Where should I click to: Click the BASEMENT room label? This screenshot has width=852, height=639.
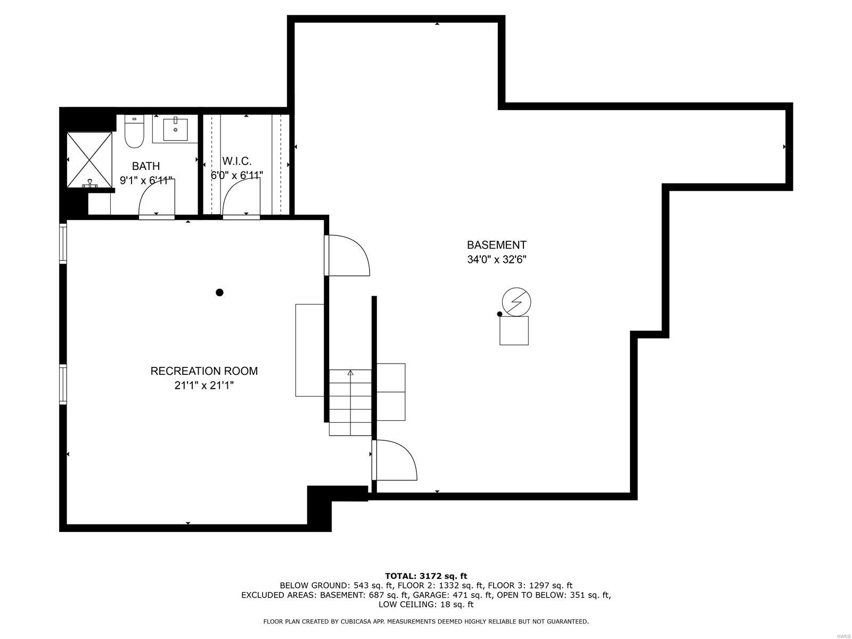click(496, 245)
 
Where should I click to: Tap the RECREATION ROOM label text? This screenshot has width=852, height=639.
click(204, 371)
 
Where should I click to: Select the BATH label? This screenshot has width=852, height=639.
click(146, 166)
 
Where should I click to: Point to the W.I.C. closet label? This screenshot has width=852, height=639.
click(236, 161)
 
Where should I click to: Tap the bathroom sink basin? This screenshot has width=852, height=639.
click(175, 129)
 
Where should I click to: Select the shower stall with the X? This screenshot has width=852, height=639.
click(89, 160)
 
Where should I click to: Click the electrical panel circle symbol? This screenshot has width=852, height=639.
click(516, 302)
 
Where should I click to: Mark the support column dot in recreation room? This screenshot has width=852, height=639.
click(219, 292)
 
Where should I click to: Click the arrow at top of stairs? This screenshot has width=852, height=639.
click(350, 373)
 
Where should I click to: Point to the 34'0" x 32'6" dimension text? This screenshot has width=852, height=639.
click(496, 260)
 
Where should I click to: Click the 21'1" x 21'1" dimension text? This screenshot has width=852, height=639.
click(204, 386)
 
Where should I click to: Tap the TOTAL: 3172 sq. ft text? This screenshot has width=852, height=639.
click(425, 576)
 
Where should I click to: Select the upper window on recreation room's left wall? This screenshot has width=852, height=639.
click(63, 243)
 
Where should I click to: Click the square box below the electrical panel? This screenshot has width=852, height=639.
click(514, 331)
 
